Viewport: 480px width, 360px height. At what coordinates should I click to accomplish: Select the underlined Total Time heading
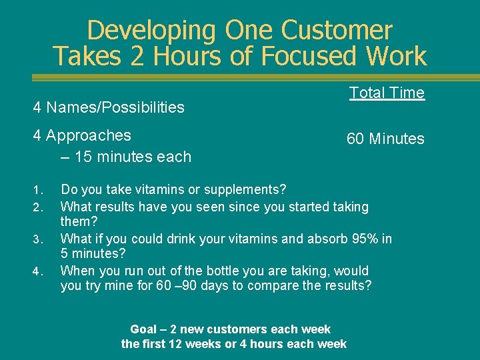click(x=387, y=93)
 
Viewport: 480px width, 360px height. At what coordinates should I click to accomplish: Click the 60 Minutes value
click(x=385, y=139)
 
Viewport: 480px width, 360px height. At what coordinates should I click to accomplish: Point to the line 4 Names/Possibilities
click(x=109, y=107)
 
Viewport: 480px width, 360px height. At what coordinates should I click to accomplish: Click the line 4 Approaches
click(x=82, y=135)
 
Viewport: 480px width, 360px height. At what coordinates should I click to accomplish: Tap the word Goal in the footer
click(x=144, y=329)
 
